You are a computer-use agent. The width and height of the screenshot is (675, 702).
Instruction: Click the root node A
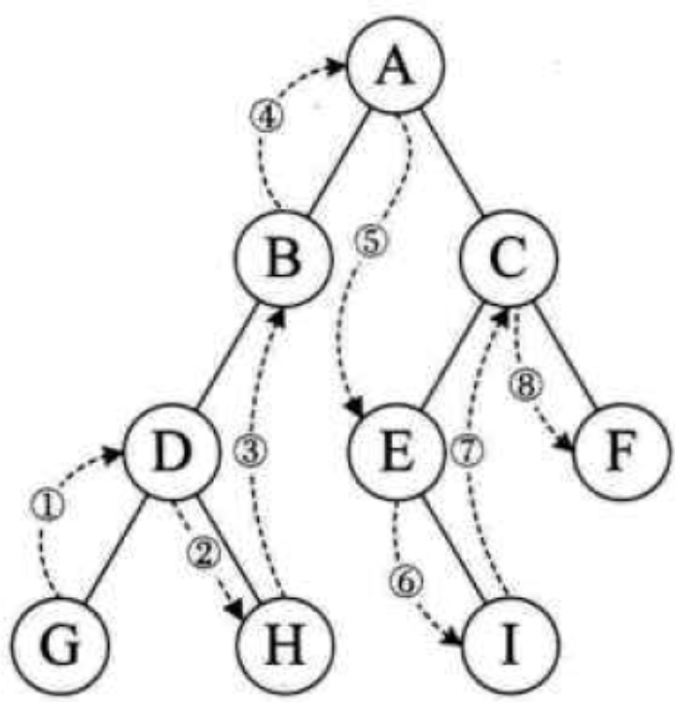396,64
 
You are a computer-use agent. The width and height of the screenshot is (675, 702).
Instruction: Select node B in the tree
285,259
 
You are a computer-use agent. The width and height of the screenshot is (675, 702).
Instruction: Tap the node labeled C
510,259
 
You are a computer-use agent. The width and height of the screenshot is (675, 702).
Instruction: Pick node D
172,451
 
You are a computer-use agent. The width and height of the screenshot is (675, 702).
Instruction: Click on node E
396,451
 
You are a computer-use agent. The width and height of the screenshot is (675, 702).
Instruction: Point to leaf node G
60,646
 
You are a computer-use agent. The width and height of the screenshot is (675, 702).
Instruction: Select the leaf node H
285,646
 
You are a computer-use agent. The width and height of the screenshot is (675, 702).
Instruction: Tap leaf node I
511,646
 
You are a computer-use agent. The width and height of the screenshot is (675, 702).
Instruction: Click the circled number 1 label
48,507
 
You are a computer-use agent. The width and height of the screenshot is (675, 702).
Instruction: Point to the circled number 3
251,450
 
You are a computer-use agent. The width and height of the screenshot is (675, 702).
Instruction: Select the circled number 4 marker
266,117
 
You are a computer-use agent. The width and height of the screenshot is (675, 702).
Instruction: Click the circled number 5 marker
372,241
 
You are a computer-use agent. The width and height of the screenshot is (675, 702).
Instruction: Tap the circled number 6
407,582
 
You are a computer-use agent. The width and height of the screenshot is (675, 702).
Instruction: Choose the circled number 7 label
467,451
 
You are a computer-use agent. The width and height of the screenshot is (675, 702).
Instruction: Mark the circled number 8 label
526,384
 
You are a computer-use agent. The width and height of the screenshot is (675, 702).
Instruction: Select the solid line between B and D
228,356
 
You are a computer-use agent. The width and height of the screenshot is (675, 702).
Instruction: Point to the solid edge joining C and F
566,356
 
